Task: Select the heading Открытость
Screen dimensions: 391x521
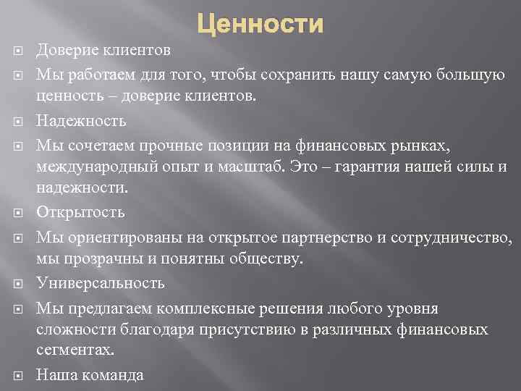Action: [x=80, y=213]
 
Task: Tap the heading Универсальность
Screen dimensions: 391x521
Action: [x=101, y=283]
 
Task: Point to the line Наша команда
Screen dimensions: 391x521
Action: [x=90, y=375]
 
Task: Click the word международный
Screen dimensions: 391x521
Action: [x=92, y=167]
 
